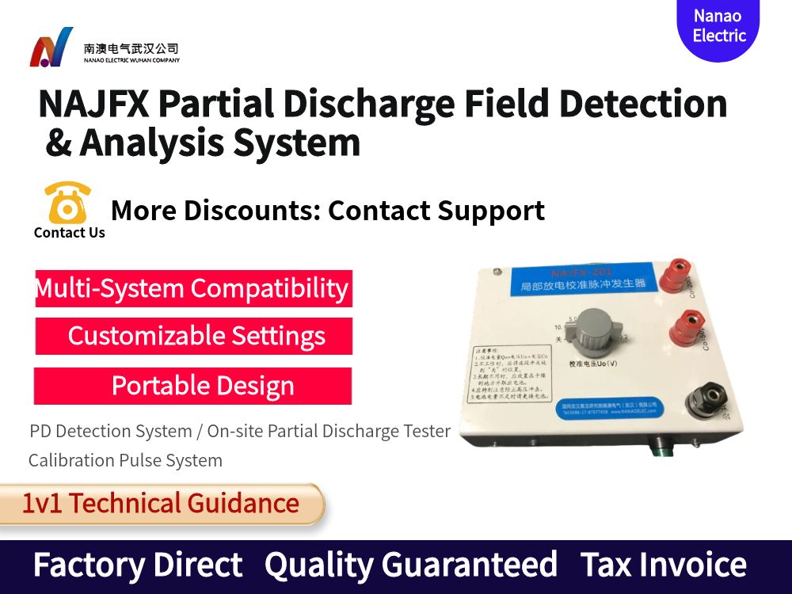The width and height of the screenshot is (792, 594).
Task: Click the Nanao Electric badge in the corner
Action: [718, 27]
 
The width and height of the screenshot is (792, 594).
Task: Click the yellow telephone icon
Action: [67, 203]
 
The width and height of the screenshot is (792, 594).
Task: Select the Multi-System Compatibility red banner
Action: [192, 288]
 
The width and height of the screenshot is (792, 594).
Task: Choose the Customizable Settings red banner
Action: [194, 336]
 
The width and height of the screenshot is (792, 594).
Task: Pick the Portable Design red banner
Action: [192, 386]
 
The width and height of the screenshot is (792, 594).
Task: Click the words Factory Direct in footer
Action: [138, 565]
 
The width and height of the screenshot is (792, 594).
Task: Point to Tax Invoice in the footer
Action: [663, 565]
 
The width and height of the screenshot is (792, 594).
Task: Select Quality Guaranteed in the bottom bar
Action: [410, 565]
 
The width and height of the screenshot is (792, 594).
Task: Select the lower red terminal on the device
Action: [685, 327]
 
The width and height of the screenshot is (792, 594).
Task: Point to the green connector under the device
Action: [657, 448]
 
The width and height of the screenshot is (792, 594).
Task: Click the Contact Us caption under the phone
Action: [70, 233]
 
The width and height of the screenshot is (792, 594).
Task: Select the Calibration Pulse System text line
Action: [125, 460]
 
